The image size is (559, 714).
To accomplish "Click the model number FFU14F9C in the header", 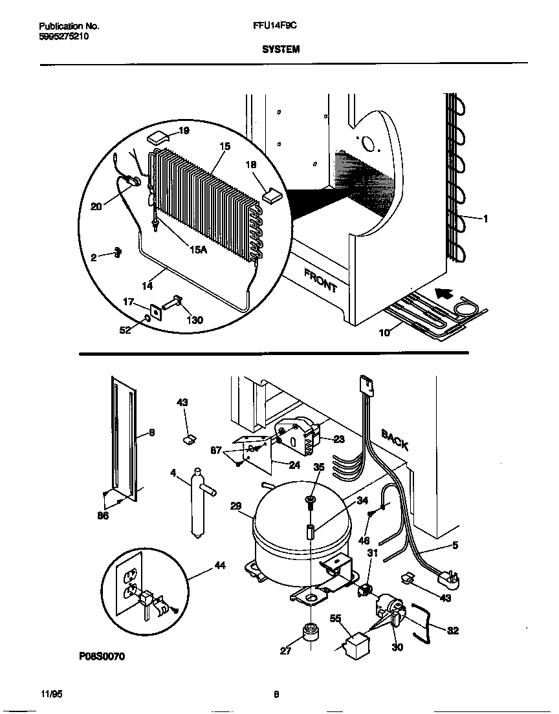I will tap(270, 27).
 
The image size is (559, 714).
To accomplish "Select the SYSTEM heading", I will tap(281, 49).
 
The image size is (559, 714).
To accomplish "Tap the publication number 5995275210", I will tap(63, 37).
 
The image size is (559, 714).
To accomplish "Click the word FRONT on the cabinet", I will tap(320, 281).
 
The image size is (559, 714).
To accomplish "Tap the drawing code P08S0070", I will tap(102, 656).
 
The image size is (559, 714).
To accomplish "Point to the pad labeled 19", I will tap(158, 137).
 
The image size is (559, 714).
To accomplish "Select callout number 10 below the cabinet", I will tap(384, 334).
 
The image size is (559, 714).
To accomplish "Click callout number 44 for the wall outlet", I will tap(220, 566).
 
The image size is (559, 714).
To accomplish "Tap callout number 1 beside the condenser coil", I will tap(485, 219).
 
